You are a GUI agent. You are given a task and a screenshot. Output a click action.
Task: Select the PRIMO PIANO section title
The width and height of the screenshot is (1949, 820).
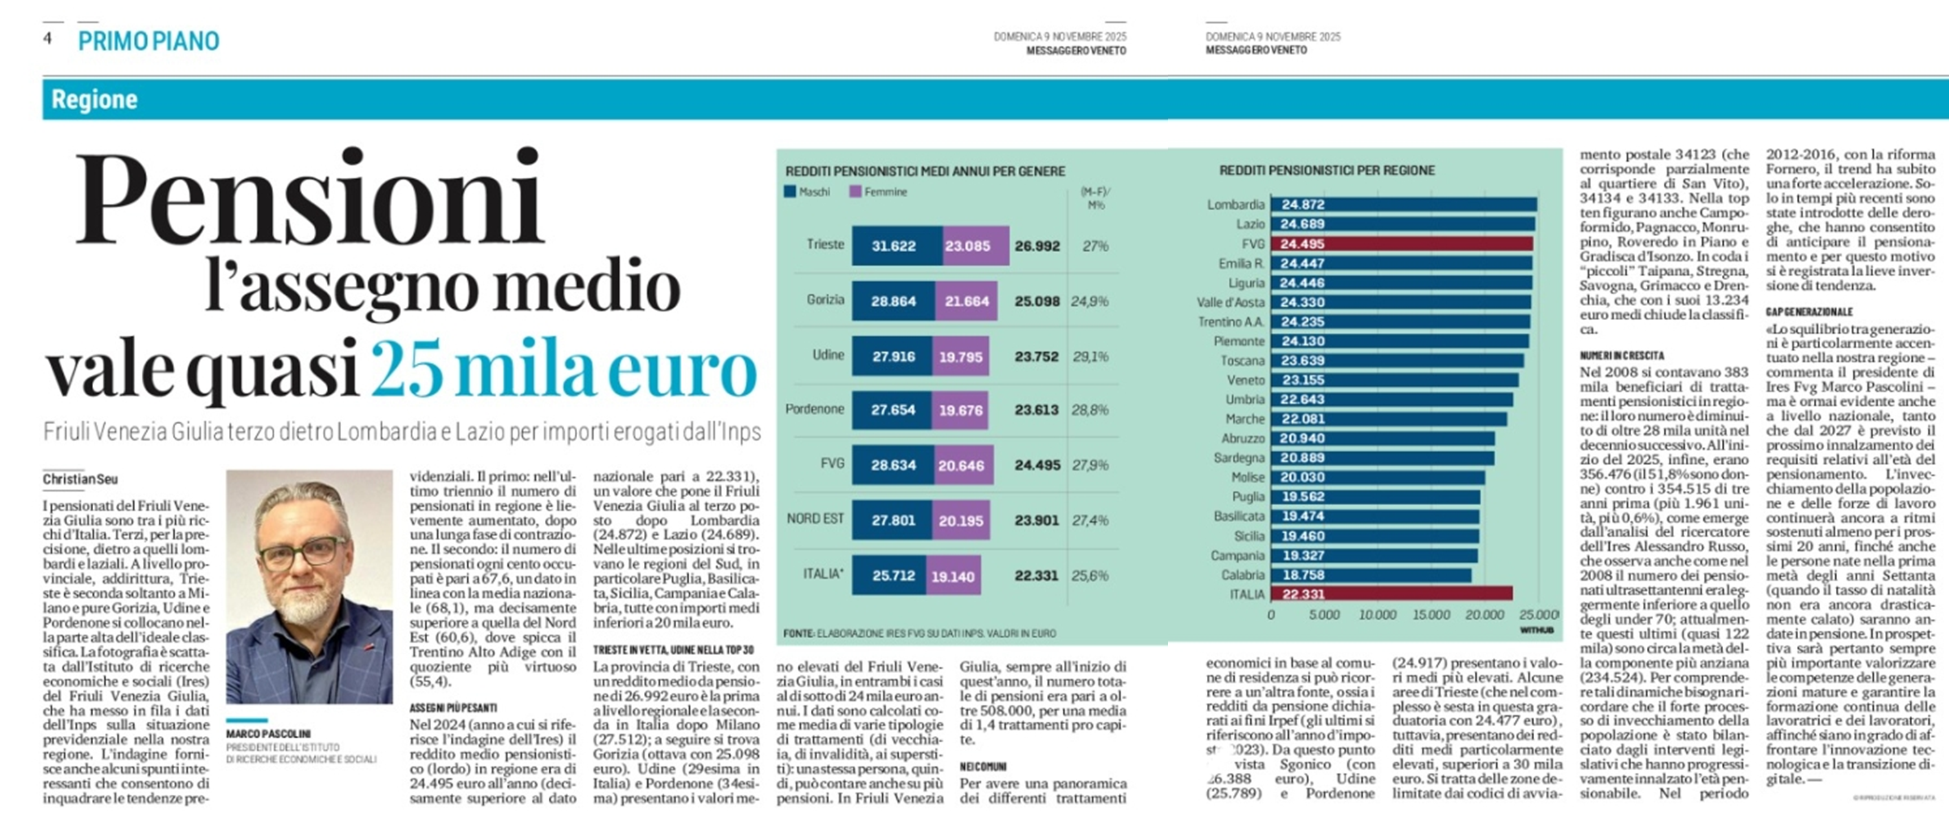(x=148, y=41)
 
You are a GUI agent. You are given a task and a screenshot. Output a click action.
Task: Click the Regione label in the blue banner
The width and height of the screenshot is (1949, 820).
(x=94, y=99)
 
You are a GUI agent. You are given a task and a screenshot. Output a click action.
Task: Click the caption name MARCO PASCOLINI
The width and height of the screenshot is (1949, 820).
(x=268, y=734)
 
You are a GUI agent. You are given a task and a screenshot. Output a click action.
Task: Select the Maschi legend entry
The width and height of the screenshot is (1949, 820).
(x=808, y=192)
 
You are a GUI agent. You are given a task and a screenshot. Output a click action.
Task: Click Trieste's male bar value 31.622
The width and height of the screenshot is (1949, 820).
(x=894, y=246)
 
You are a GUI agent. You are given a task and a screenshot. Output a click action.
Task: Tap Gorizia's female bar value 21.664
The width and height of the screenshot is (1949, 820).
(x=966, y=302)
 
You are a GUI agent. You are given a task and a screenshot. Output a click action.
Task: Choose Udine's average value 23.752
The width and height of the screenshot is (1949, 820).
(x=1037, y=356)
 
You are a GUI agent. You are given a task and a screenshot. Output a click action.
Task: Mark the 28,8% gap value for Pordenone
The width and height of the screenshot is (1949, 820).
(x=1090, y=410)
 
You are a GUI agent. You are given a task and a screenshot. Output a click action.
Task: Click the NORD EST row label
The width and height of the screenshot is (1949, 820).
(x=815, y=519)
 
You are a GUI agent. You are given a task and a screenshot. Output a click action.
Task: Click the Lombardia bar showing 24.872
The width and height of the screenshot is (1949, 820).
(x=1404, y=204)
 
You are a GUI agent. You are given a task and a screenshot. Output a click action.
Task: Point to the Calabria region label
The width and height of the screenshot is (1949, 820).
(x=1242, y=575)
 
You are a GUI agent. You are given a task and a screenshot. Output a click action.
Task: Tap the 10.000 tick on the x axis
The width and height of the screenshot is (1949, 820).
(x=1377, y=615)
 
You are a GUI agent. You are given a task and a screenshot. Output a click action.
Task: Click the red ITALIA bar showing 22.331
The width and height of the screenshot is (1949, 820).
(x=1391, y=594)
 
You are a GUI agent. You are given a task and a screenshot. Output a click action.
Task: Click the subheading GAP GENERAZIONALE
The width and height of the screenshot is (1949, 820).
(x=1809, y=312)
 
